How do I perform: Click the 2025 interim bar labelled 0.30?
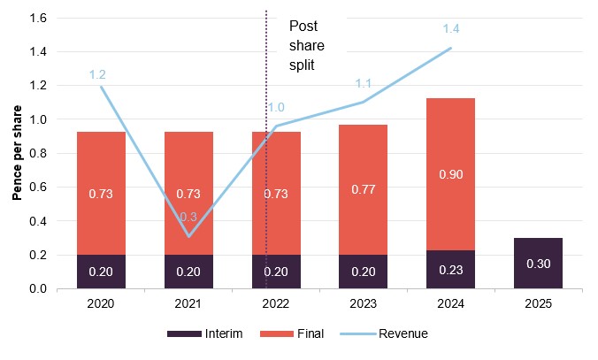tap(537, 263)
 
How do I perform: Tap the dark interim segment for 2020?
tap(101, 272)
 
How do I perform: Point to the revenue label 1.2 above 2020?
tap(97, 75)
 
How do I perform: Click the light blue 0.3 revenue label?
tap(188, 217)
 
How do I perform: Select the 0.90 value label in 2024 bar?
tap(450, 174)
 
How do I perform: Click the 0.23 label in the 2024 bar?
tap(450, 272)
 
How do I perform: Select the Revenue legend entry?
tap(402, 333)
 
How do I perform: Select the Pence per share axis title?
tap(17, 156)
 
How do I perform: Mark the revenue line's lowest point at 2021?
tap(188, 236)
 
